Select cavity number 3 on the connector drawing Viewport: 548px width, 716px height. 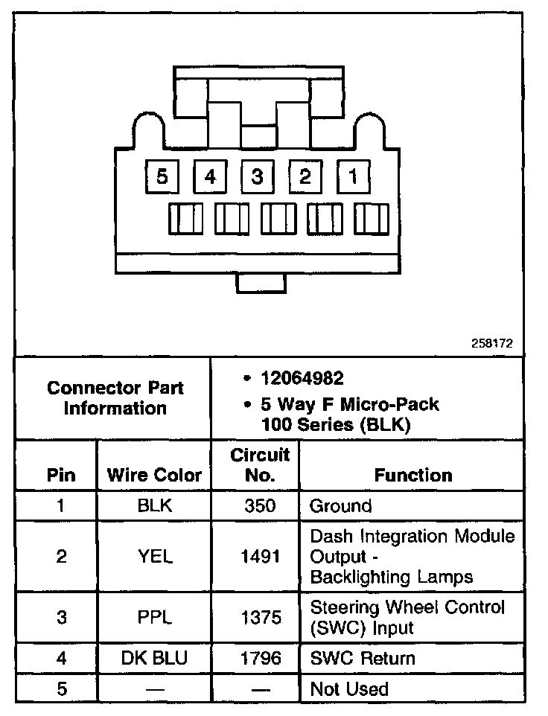(258, 177)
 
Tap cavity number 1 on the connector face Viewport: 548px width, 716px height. (353, 177)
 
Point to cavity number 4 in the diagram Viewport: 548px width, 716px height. (211, 177)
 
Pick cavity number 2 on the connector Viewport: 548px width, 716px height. (305, 177)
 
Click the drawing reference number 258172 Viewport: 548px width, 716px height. (491, 345)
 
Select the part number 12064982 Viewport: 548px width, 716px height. (302, 379)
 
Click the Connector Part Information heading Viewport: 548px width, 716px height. (115, 398)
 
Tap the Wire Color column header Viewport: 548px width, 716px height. (155, 475)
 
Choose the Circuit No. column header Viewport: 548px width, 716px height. (259, 465)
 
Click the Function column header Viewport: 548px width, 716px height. (413, 475)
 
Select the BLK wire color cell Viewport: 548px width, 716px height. (155, 506)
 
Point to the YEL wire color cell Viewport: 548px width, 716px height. (155, 557)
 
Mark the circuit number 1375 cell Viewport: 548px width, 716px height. (259, 616)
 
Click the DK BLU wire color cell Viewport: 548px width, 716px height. (155, 658)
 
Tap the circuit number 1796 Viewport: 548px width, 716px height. (259, 658)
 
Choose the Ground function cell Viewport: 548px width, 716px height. (340, 506)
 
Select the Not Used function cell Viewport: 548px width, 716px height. (349, 689)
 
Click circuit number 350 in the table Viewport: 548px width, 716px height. (259, 506)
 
